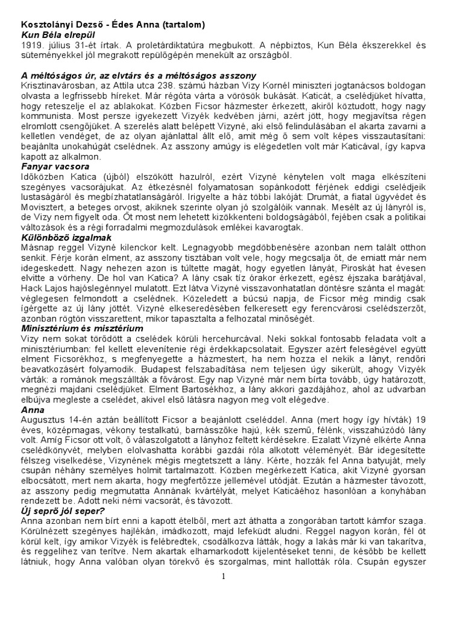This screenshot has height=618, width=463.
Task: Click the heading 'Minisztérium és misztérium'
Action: [81, 328]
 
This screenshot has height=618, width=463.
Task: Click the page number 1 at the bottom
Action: [223, 576]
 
